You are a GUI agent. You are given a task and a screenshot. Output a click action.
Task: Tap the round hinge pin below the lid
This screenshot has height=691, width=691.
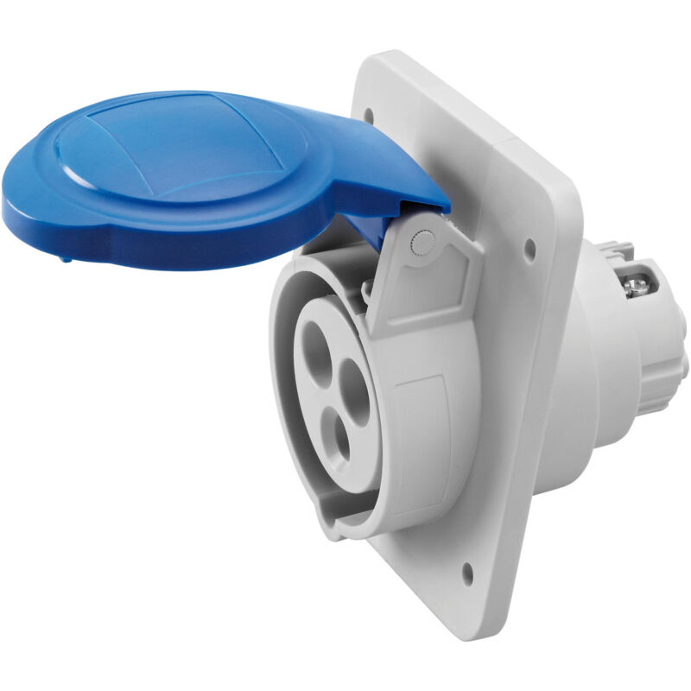[421, 244]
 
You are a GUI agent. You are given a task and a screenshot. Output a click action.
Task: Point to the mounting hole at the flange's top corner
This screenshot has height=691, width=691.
[370, 112]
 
